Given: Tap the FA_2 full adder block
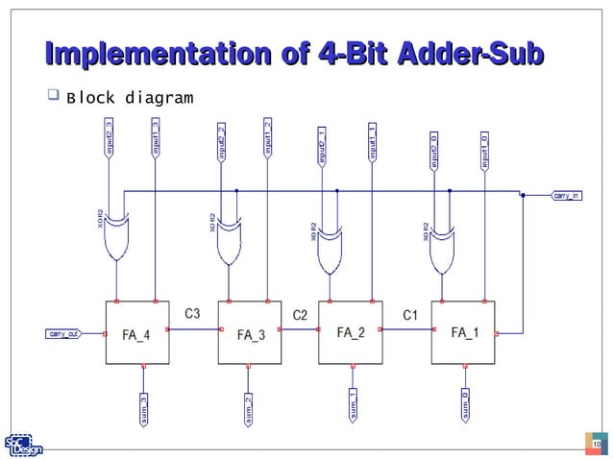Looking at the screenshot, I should pos(351,332).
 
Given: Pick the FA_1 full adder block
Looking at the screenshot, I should pos(465,332).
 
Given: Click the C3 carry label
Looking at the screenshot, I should pos(192,313).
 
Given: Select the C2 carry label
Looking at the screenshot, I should pos(300,313).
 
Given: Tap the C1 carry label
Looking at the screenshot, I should pos(409,313).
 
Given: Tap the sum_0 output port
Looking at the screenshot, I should pos(465,405).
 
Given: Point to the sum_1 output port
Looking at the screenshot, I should pos(353,405).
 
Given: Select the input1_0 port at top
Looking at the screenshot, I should pos(483,149).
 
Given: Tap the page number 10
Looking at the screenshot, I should pos(596,443).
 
